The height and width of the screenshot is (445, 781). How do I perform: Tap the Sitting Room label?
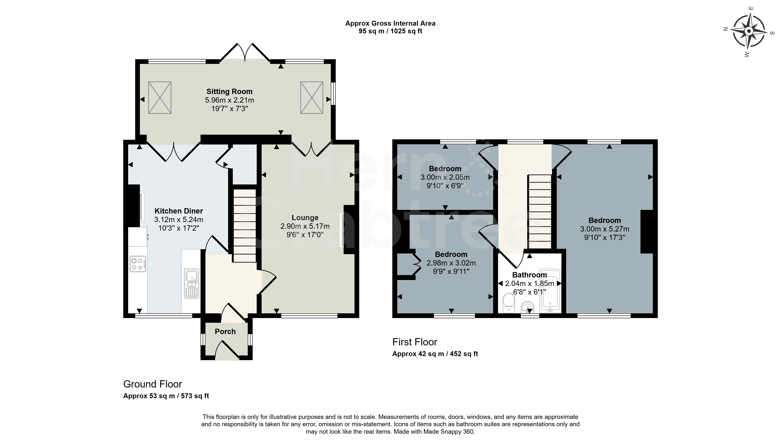click(x=230, y=91)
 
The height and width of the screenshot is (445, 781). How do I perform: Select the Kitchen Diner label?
click(x=179, y=211)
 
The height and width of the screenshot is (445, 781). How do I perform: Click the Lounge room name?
click(x=305, y=218)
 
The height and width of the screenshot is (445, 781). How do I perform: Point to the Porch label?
click(x=225, y=332)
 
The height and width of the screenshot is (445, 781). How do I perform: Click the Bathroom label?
click(x=529, y=275)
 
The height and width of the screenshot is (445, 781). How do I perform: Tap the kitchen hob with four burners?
click(x=138, y=264)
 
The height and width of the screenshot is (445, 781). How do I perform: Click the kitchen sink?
click(x=192, y=284)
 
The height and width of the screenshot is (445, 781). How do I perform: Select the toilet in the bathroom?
click(x=509, y=303)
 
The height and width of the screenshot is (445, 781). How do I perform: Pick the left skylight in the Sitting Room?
click(x=160, y=97)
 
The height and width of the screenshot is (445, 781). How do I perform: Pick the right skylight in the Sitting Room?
click(x=312, y=97)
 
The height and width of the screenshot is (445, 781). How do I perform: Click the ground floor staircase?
click(x=245, y=225)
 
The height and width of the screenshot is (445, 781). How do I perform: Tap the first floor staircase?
click(x=540, y=212)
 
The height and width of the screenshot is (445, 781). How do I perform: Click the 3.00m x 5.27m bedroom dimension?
click(x=605, y=229)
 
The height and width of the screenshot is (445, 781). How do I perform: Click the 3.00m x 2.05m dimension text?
click(x=445, y=177)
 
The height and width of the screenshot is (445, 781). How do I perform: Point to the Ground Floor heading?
click(x=153, y=384)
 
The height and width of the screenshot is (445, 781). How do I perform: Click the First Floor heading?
click(x=415, y=342)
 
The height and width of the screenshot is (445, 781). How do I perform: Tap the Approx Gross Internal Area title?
click(x=390, y=23)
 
